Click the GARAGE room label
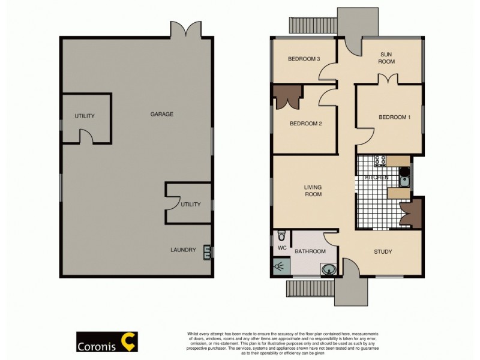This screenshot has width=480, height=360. pyautogui.click(x=161, y=114)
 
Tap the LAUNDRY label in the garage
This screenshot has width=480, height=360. pyautogui.click(x=183, y=250)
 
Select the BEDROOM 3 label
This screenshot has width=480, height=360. pyautogui.click(x=303, y=58)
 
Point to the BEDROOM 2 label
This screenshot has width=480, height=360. pyautogui.click(x=306, y=124)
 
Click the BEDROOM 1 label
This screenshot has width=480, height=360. pyautogui.click(x=394, y=117)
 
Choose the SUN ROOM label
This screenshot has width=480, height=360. pyautogui.click(x=387, y=58)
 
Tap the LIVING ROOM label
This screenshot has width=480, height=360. pyautogui.click(x=313, y=191)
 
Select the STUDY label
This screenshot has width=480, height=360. pyautogui.click(x=383, y=252)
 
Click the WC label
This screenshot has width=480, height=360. pyautogui.click(x=281, y=248)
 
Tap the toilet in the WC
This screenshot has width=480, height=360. pyautogui.click(x=281, y=236)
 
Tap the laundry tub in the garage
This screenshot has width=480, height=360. pyautogui.click(x=208, y=251)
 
